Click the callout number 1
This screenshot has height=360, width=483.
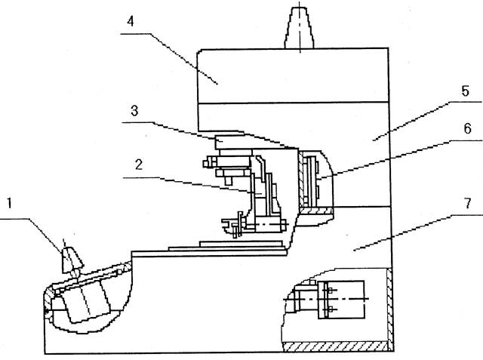click(9, 203)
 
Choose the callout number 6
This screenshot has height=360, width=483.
click(468, 128)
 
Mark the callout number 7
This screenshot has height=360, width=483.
click(468, 204)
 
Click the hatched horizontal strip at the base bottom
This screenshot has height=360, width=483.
click(332, 346)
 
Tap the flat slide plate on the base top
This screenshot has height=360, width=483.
click(226, 245)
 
